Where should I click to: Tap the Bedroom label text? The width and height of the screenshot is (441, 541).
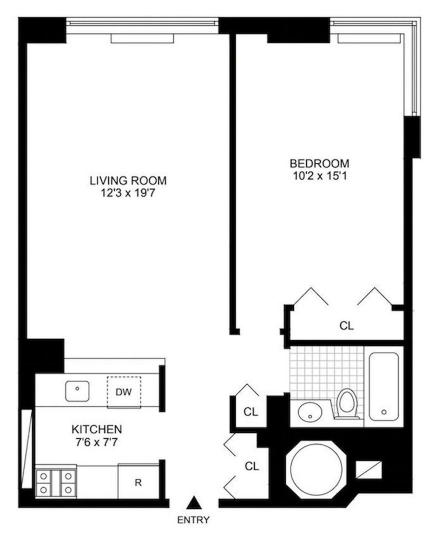click(x=319, y=163)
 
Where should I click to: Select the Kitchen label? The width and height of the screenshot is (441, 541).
click(x=97, y=429)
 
